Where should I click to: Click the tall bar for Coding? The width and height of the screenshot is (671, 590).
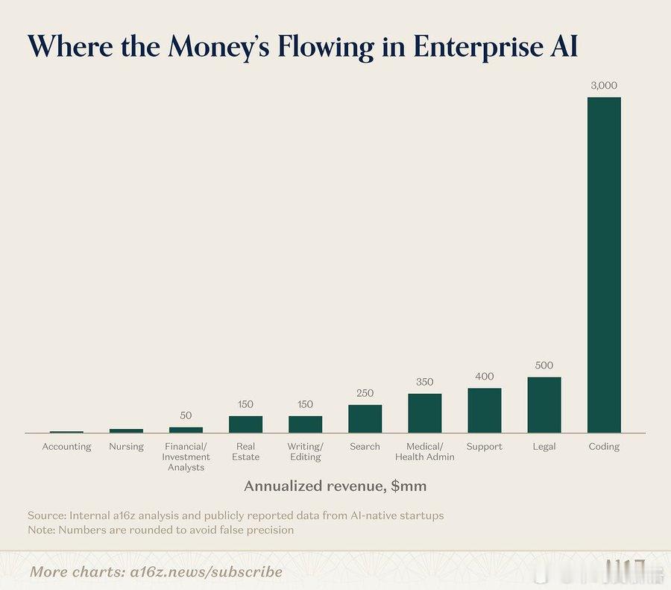(x=604, y=265)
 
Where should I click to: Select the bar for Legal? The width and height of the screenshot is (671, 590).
(x=544, y=405)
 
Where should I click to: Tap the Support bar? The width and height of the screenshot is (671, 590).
(x=485, y=410)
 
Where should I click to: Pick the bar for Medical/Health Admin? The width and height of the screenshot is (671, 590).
(x=424, y=413)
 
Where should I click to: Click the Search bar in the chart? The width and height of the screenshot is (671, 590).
(x=365, y=418)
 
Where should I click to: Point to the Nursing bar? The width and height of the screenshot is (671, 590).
(x=126, y=430)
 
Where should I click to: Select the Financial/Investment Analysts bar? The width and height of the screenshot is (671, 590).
(x=186, y=430)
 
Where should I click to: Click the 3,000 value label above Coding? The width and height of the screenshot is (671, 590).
(x=604, y=86)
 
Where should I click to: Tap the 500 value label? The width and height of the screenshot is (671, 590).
(x=544, y=365)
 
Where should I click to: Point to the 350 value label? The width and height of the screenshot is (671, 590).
(x=424, y=382)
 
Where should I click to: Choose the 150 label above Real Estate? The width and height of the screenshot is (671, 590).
(x=245, y=404)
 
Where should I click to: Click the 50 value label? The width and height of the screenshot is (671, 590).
(x=186, y=415)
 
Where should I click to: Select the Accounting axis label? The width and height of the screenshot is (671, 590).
(x=66, y=447)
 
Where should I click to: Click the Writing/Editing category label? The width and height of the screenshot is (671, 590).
(x=305, y=451)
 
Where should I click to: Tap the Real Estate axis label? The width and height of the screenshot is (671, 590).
(x=245, y=451)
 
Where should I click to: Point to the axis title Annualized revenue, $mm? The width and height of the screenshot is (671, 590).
(x=335, y=486)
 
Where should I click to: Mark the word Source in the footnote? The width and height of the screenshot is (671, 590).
(x=46, y=516)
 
